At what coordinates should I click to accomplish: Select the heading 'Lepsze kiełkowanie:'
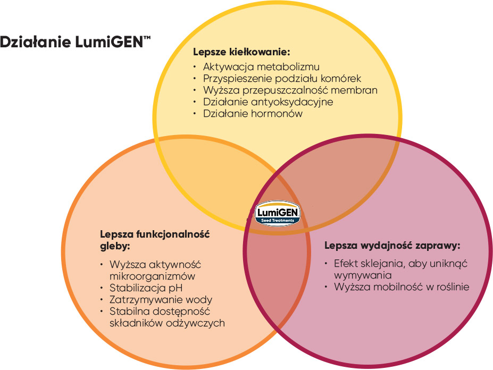point(241,52)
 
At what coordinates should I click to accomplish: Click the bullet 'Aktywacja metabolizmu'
point(261,67)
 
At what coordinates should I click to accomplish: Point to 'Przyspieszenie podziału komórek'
point(282,78)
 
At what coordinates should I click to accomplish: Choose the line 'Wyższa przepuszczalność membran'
point(290,90)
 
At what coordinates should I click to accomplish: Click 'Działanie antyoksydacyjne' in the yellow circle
point(268,102)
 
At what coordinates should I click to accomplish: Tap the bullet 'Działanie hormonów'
point(253,113)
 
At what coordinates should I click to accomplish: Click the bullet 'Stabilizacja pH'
point(142,288)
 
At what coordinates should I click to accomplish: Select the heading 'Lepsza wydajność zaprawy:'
point(392,246)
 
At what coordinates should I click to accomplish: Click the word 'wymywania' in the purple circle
point(363,276)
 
